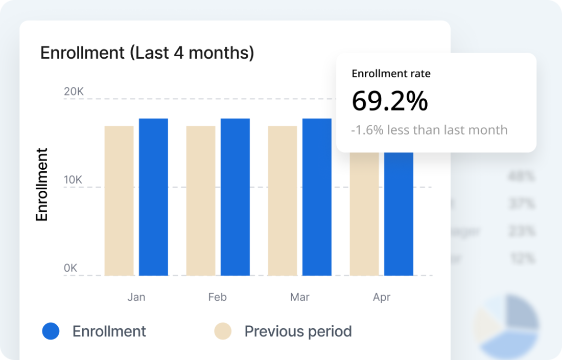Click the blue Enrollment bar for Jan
coord(153,197)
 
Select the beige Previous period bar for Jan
coord(119,200)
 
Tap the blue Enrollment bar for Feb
coord(235,197)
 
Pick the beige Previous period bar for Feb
coord(201,200)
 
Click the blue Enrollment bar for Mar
coord(317,197)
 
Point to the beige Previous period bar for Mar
coord(283,200)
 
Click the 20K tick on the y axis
coord(74,92)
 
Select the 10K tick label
coord(74,180)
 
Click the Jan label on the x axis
coord(136,297)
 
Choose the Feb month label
coord(218,297)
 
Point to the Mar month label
coord(300,297)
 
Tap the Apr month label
coord(382,297)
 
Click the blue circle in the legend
coord(51,331)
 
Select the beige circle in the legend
coord(223,331)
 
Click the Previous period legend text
coord(298,331)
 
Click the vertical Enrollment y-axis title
coord(42,185)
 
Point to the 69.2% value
coord(390,101)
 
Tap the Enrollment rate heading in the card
coord(391,74)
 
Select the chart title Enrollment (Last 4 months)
coord(147,53)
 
